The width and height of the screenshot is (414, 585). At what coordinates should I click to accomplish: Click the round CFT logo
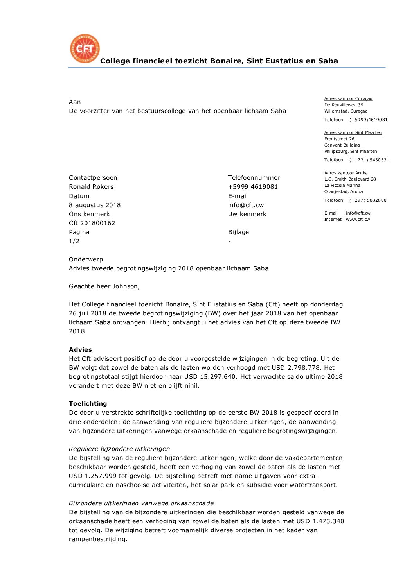pos(85,48)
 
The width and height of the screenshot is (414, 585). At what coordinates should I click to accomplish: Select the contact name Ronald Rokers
pos(91,187)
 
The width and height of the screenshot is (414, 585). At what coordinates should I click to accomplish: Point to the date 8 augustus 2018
pos(95,205)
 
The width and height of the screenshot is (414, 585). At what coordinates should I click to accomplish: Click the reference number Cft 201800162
pos(92,223)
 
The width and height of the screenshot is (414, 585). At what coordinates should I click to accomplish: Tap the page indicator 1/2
pos(74,241)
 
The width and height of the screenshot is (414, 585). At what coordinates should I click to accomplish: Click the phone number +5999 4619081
pos(253,187)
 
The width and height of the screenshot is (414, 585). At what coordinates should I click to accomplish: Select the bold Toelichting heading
pos(88,404)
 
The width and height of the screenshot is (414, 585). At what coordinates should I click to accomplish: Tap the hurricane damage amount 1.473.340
pos(328,521)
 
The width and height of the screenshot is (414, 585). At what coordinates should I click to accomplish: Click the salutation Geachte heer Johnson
pos(104,286)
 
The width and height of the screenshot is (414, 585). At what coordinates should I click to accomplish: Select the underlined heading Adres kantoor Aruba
pos(346,173)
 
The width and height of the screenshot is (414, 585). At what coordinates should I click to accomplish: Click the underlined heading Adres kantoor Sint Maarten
pos(353,132)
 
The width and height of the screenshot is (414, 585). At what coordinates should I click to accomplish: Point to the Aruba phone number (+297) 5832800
pos(368,200)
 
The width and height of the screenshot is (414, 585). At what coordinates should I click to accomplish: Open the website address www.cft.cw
pos(358,219)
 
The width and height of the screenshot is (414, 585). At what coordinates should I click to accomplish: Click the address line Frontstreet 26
pos(339,139)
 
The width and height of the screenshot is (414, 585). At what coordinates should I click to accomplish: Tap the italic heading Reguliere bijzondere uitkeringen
pos(119,449)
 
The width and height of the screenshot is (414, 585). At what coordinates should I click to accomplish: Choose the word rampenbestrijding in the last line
pos(98,539)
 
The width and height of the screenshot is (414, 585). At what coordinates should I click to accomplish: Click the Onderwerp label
pos(86,259)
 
